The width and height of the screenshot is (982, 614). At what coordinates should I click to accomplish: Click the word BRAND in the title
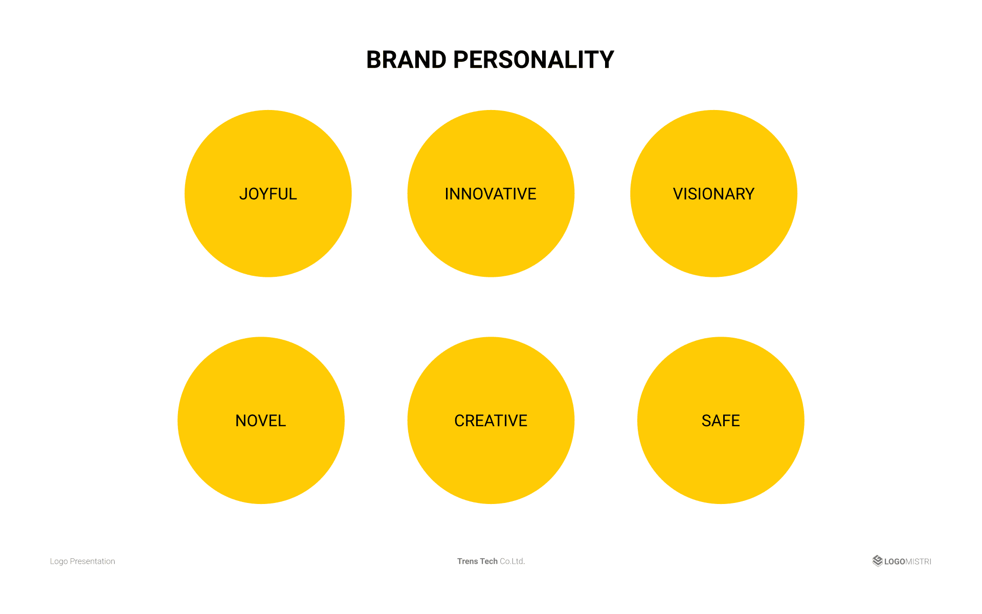coord(406,60)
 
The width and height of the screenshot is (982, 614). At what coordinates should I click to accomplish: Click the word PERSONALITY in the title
coord(533,60)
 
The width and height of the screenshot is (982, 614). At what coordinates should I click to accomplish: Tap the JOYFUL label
coord(268,194)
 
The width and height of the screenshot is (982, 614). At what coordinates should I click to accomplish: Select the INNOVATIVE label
coord(490,194)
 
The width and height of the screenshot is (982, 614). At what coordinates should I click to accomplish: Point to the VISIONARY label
coord(713,194)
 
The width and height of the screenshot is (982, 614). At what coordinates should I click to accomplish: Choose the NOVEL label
coord(261,421)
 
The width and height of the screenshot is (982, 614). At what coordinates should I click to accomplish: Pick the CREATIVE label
coord(491,421)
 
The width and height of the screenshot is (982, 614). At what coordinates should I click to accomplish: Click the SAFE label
coord(721,421)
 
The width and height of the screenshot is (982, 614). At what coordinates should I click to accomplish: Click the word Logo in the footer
coord(59,561)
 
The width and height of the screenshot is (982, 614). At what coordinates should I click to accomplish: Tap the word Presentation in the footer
coord(93,561)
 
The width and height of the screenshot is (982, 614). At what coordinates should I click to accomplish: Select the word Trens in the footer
coord(467,561)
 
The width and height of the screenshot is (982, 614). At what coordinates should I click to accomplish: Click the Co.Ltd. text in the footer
coord(512,561)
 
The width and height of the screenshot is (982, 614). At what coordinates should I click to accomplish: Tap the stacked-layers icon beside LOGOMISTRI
coord(878,561)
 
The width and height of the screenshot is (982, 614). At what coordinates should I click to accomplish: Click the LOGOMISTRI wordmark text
coord(908,561)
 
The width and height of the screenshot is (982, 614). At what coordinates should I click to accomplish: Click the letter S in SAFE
coord(706,421)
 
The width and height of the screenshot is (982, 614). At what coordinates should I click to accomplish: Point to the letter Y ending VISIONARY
coord(749,194)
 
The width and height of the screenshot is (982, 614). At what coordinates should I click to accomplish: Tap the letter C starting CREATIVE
coord(460,421)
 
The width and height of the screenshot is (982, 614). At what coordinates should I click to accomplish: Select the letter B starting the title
coord(374,60)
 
